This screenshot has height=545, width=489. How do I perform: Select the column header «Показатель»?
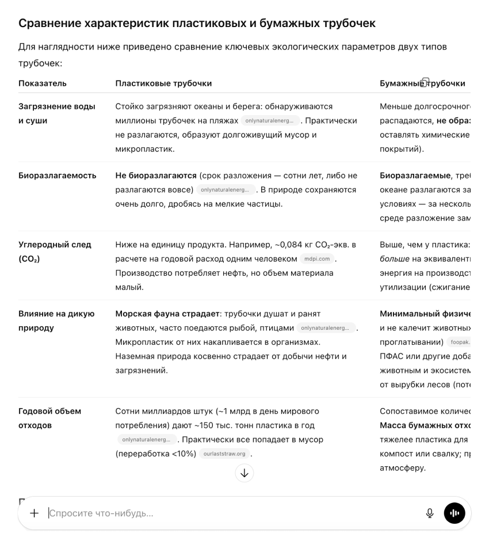pyautogui.click(x=43, y=83)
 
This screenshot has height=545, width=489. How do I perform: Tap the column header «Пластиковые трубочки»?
pyautogui.click(x=163, y=83)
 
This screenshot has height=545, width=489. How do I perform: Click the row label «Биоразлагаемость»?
pyautogui.click(x=58, y=176)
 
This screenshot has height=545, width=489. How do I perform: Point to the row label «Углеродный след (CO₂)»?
pyautogui.click(x=55, y=251)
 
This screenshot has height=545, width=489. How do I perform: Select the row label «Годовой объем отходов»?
pyautogui.click(x=49, y=418)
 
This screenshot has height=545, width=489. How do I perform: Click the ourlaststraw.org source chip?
pyautogui.click(x=224, y=454)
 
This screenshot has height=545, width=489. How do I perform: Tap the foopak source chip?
pyautogui.click(x=460, y=342)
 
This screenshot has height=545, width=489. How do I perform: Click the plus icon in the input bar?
pyautogui.click(x=34, y=513)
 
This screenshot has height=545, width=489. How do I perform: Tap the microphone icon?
pyautogui.click(x=429, y=513)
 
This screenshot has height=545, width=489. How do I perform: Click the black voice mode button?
pyautogui.click(x=454, y=513)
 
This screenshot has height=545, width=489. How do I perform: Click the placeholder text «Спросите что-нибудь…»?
pyautogui.click(x=101, y=513)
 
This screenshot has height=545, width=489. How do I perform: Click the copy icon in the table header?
pyautogui.click(x=425, y=82)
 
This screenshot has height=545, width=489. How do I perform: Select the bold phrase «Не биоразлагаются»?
pyautogui.click(x=156, y=176)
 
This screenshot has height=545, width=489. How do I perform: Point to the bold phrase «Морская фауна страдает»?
pyautogui.click(x=168, y=314)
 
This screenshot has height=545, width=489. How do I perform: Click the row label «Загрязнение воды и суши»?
pyautogui.click(x=57, y=113)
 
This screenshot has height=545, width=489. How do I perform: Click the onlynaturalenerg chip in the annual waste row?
pyautogui.click(x=146, y=440)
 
